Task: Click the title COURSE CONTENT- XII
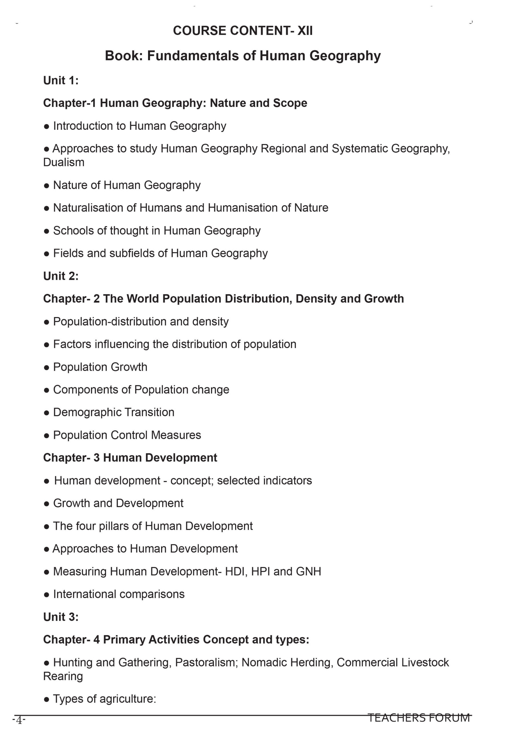pyautogui.click(x=243, y=31)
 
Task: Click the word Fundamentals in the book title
pyautogui.click(x=193, y=56)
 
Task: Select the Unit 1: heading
pyautogui.click(x=61, y=80)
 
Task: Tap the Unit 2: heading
pyautogui.click(x=61, y=276)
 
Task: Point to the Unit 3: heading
pyautogui.click(x=61, y=617)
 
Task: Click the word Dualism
pyautogui.click(x=64, y=162)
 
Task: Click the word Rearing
pyautogui.click(x=63, y=676)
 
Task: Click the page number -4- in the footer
pyautogui.click(x=19, y=720)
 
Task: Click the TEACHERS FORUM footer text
pyautogui.click(x=419, y=718)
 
